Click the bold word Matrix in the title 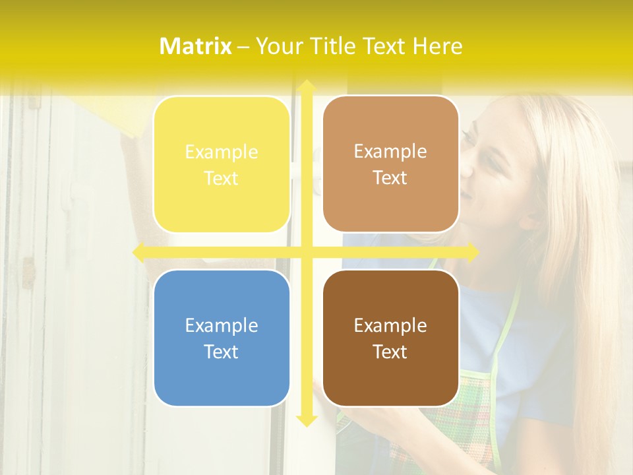click(x=196, y=46)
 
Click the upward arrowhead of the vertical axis click(x=306, y=86)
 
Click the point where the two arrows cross click(x=306, y=252)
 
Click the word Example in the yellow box click(x=222, y=152)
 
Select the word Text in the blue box click(x=222, y=352)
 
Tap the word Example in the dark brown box click(x=390, y=325)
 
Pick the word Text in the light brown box click(x=390, y=178)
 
